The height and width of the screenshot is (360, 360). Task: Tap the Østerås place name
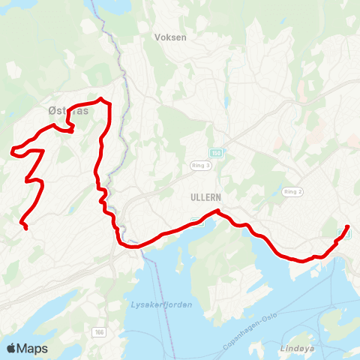tap(67, 111)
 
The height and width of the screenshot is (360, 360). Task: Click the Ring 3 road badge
tap(202, 165)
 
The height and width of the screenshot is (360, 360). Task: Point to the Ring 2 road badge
tap(292, 192)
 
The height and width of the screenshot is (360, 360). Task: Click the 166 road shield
tap(100, 331)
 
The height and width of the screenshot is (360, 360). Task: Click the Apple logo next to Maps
tap(11, 348)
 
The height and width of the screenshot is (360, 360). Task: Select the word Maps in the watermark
tap(32, 348)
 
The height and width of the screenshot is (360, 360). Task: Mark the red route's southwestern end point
tap(26, 227)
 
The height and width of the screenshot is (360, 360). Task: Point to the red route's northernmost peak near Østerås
tap(101, 99)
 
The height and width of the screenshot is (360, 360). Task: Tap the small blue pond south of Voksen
tap(224, 102)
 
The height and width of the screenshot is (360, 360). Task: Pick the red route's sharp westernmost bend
tap(12, 154)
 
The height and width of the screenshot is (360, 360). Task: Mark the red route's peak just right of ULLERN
tap(217, 211)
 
